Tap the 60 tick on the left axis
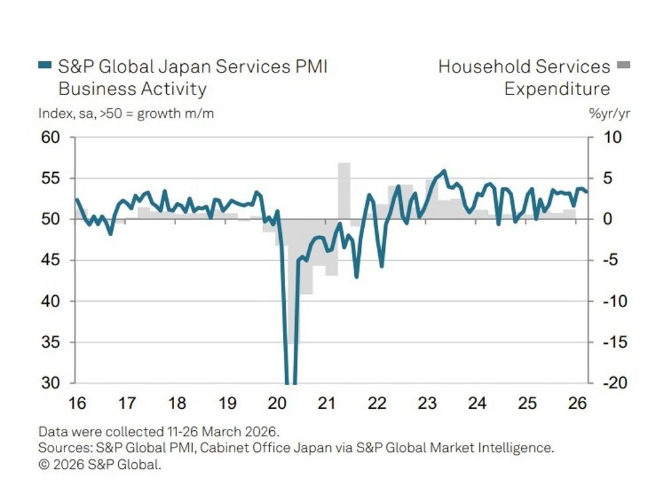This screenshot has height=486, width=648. click(x=51, y=138)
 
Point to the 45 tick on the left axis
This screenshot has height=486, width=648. click(x=51, y=261)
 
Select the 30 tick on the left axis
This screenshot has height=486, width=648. click(x=51, y=384)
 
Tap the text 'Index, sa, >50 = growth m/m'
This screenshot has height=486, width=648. click(x=126, y=114)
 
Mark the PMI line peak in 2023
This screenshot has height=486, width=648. click(x=444, y=171)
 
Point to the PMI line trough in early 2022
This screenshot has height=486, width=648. click(x=381, y=267)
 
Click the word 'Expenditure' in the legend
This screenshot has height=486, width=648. click(x=557, y=89)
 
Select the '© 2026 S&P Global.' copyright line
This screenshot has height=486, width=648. click(x=100, y=465)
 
